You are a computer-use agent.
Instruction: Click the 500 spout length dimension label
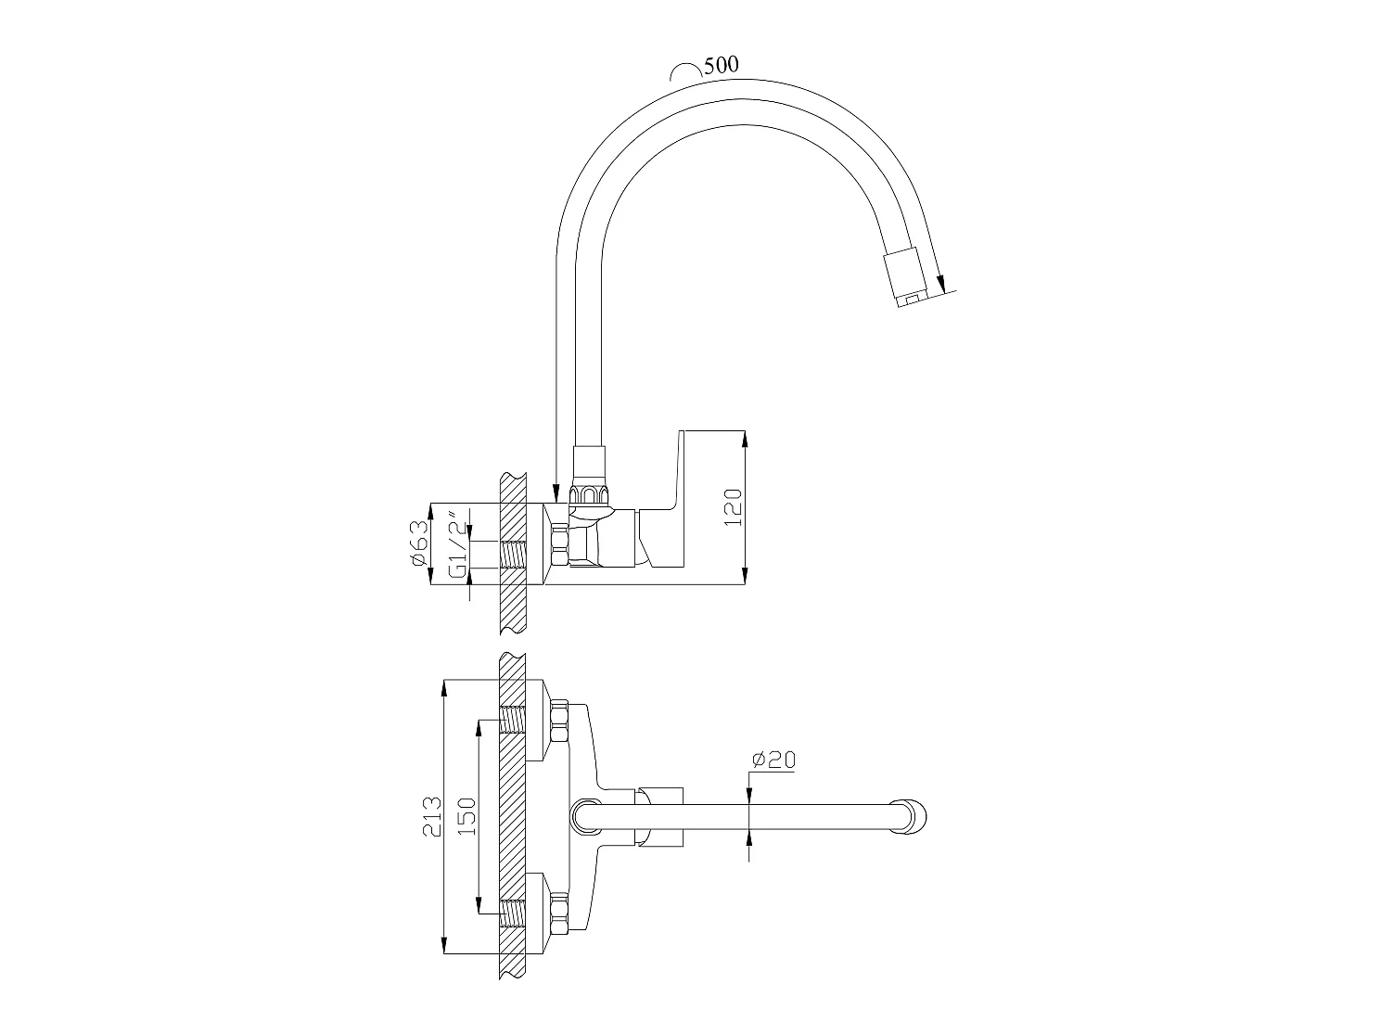(722, 65)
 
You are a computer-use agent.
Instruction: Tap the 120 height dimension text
(734, 507)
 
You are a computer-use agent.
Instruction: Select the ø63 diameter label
(421, 543)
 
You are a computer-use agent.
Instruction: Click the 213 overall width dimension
(432, 816)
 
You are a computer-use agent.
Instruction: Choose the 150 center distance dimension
(466, 816)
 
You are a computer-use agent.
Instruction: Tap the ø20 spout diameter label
(774, 760)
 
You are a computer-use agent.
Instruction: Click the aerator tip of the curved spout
(908, 278)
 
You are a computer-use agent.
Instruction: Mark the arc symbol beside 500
(684, 71)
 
